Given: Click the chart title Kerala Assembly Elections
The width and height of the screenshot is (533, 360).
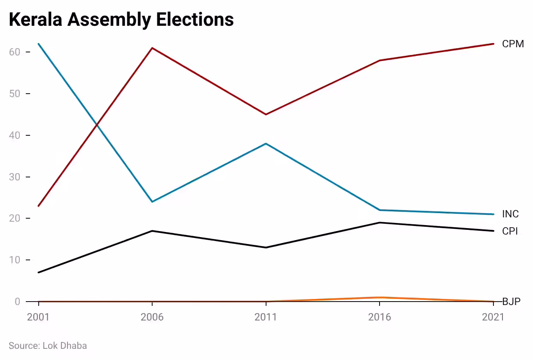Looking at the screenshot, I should [x=121, y=20].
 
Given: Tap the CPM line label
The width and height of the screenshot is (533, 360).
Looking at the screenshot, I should [x=513, y=44].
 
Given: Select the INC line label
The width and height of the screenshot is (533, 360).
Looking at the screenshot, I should [x=510, y=214].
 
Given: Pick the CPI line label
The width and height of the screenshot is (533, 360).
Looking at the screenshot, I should [x=510, y=231].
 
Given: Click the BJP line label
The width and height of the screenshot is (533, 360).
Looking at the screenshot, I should [x=511, y=302].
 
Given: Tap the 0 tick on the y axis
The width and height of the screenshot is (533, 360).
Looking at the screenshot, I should [x=17, y=302].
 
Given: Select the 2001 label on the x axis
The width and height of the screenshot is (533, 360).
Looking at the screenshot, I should [x=39, y=317].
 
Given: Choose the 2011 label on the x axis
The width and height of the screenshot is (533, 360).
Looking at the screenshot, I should [x=266, y=317].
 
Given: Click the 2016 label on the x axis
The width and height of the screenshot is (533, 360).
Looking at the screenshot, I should [x=380, y=317].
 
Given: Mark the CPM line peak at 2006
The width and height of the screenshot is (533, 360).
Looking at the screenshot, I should [x=152, y=48].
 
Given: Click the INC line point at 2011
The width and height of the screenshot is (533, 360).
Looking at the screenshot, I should [x=266, y=143].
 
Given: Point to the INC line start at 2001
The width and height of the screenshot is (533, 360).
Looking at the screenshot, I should [x=39, y=44].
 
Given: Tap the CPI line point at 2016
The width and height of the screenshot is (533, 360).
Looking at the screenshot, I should [x=380, y=223].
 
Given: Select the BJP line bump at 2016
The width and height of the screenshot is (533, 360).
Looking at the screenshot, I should [x=380, y=297].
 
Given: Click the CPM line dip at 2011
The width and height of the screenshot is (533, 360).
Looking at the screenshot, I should [x=266, y=114].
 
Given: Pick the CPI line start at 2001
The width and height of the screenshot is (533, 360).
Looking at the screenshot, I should [x=39, y=272].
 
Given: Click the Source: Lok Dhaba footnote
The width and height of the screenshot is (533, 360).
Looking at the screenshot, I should [x=48, y=345].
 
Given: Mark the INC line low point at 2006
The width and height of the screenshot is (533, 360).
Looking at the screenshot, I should [x=152, y=201].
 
